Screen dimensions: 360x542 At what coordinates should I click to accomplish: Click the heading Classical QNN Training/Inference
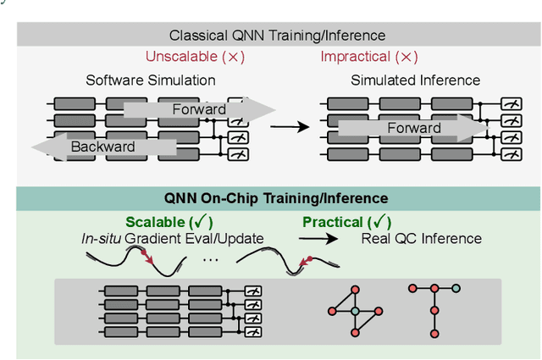278,35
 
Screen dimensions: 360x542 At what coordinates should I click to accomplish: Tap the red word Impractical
357,57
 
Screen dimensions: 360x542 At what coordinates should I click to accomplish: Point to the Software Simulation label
151,80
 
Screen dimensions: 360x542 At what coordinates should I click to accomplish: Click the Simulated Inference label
415,80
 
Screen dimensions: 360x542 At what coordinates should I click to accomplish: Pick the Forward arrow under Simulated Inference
414,129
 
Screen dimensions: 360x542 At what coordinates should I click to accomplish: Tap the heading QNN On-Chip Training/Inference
278,198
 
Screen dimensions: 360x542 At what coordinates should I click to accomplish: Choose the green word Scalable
159,222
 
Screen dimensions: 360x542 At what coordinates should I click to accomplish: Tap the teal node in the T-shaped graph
456,289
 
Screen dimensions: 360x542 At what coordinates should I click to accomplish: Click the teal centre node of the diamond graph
355,312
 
